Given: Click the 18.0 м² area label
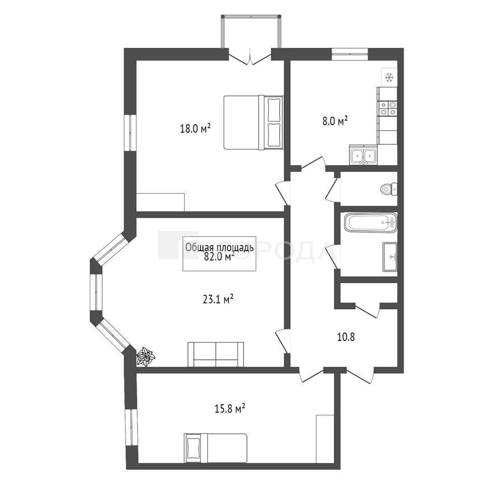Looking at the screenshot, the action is click(195, 128).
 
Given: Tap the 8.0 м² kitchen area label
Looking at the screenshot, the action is click(335, 121).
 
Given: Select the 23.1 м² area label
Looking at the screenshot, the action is click(218, 299).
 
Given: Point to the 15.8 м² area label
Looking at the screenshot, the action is click(230, 409).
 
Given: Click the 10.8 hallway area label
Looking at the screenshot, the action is click(346, 337).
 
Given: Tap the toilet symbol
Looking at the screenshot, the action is click(389, 189).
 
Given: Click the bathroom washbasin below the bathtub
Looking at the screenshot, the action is click(390, 257).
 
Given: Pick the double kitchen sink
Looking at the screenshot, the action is click(363, 155).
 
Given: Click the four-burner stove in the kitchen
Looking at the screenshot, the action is click(388, 108).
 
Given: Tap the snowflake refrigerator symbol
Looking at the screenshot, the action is click(389, 77).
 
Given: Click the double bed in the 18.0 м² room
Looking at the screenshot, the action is click(253, 122).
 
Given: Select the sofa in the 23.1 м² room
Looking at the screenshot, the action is click(215, 354).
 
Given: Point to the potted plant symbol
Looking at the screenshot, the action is click(146, 357).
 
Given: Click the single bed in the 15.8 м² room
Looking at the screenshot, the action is click(215, 448).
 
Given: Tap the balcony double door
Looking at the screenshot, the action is click(250, 56).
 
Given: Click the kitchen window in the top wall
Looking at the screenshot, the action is click(350, 54).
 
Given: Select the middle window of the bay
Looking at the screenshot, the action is click(96, 292).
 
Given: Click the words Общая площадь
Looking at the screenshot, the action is click(220, 247).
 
